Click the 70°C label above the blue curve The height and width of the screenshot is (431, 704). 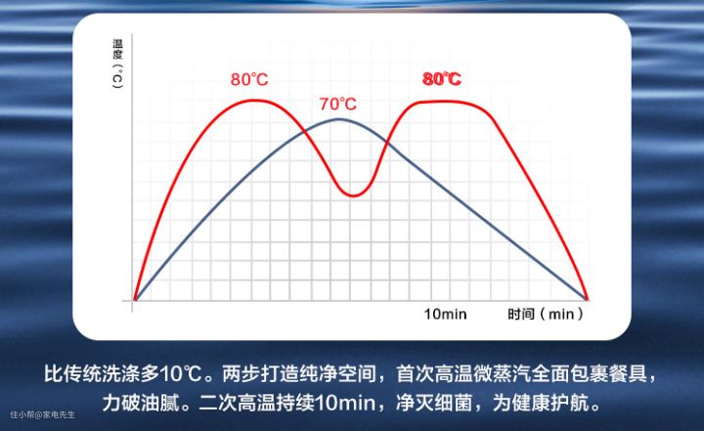click(x=338, y=104)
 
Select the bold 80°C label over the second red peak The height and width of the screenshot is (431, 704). click(x=442, y=79)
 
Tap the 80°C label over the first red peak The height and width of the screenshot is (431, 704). click(x=249, y=79)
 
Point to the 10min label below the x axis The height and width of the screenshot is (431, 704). click(x=446, y=314)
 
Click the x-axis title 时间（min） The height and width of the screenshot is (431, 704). click(x=546, y=314)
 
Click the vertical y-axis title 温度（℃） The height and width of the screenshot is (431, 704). click(x=117, y=64)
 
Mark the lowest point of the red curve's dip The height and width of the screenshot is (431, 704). click(x=354, y=195)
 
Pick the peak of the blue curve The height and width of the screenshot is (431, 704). click(x=339, y=119)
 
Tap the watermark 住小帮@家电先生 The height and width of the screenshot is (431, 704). click(x=43, y=414)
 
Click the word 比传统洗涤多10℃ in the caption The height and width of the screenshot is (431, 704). click(x=123, y=374)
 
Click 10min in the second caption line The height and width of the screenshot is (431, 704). click(x=345, y=403)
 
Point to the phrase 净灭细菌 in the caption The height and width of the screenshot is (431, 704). click(x=434, y=403)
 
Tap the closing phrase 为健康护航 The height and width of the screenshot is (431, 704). click(x=541, y=403)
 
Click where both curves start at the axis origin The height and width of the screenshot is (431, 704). click(x=135, y=299)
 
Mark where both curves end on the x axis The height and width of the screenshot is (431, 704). click(x=587, y=299)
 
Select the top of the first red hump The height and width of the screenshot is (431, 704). click(x=255, y=100)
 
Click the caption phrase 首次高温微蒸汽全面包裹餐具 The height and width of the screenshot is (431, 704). click(x=522, y=374)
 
